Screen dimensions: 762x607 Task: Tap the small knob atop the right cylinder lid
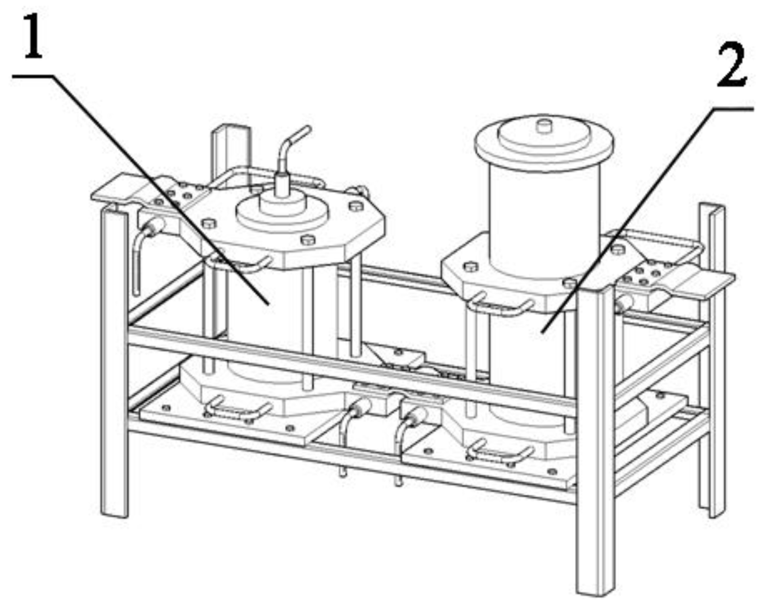pos(544,126)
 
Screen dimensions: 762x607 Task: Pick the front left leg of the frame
pos(114,361)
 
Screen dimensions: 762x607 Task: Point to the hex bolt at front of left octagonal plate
pos(308,240)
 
